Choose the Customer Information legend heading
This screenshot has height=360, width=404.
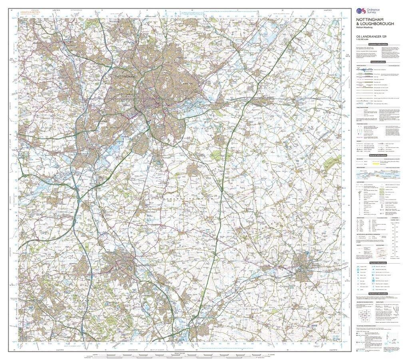pyautogui.click(x=378, y=44)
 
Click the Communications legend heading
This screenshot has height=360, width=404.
pyautogui.click(x=378, y=62)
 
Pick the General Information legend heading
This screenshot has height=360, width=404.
pyautogui.click(x=378, y=155)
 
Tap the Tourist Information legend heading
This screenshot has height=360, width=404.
pyautogui.click(x=378, y=262)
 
